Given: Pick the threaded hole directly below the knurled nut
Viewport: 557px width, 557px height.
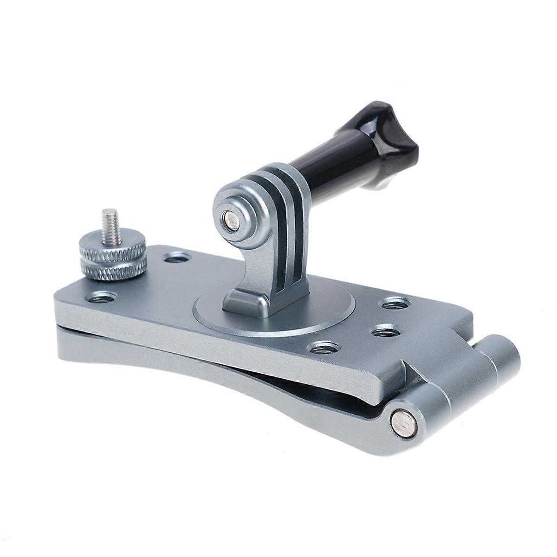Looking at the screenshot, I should click(x=102, y=296).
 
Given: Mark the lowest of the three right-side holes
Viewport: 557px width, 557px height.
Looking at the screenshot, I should click(x=324, y=347).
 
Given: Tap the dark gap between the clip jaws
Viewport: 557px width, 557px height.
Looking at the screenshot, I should click(x=325, y=388).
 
